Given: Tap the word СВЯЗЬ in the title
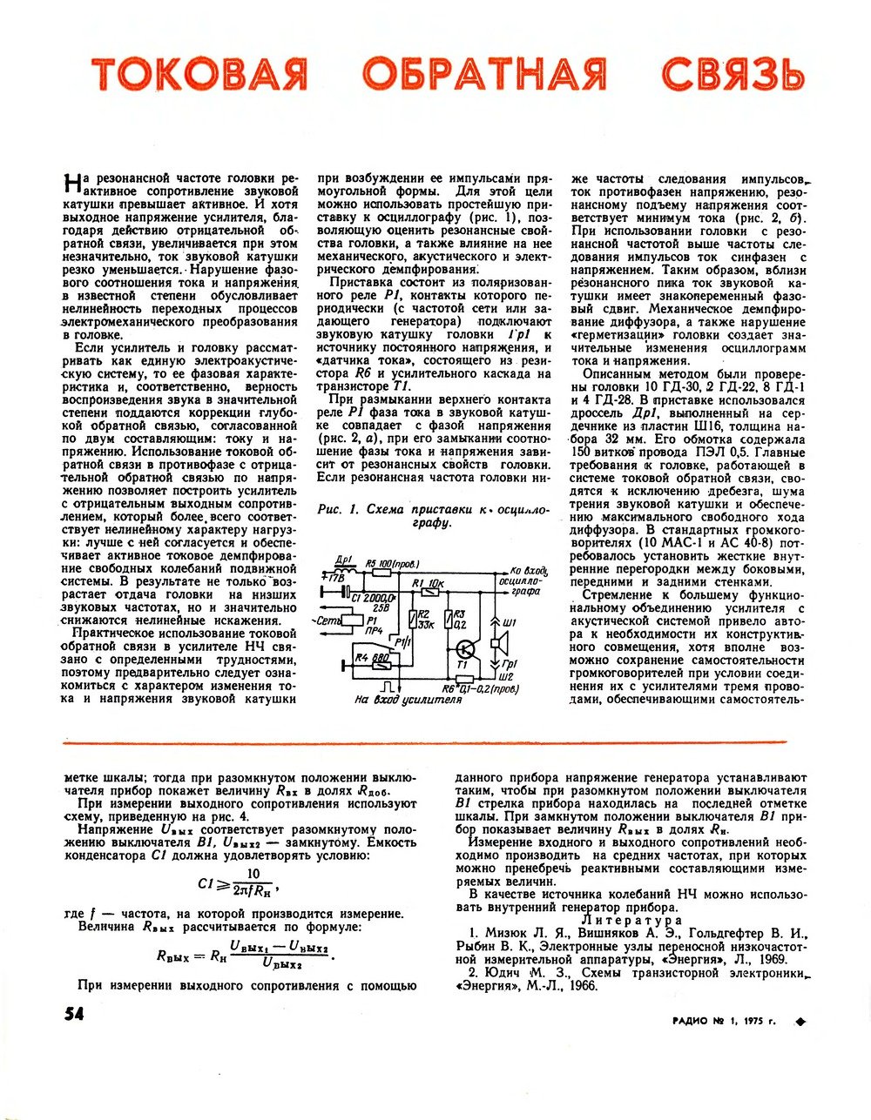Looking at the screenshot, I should pos(732,75).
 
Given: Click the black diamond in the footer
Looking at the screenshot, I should pos(800,1022).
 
